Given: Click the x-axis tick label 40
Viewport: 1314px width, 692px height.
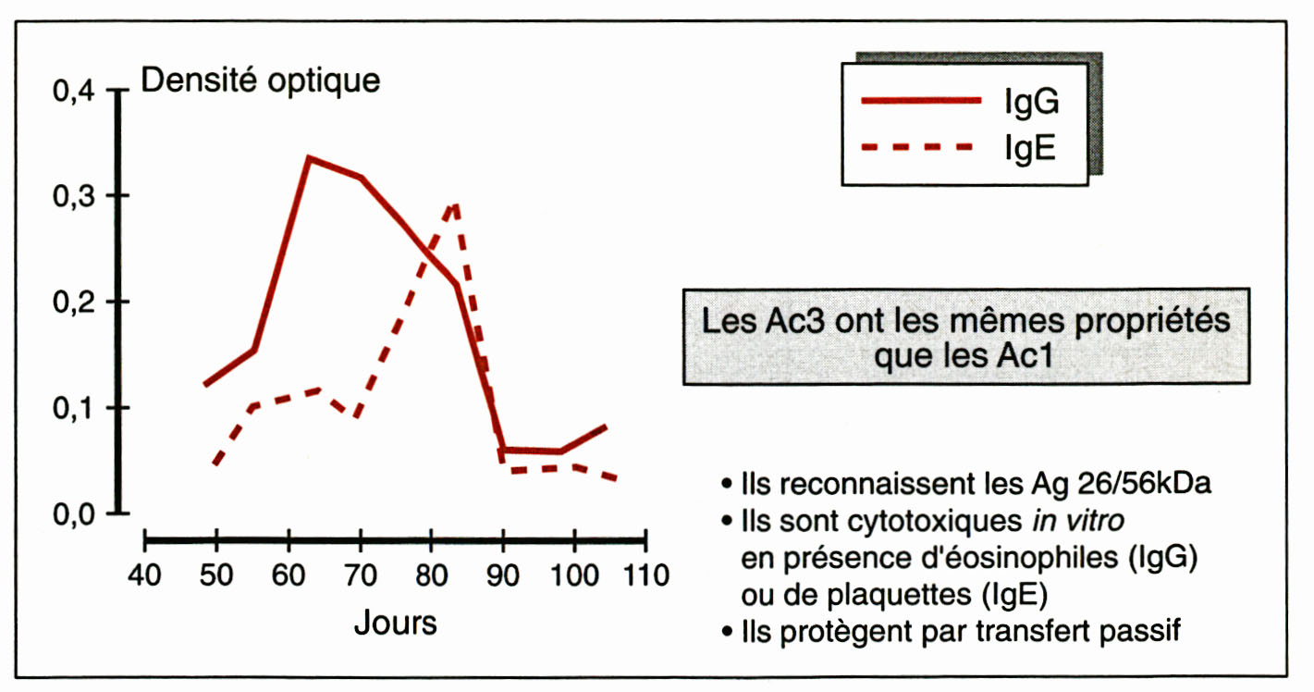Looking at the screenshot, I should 146,575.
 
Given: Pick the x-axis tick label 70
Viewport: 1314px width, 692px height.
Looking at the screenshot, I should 360,575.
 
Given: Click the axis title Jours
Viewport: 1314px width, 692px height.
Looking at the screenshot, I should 395,623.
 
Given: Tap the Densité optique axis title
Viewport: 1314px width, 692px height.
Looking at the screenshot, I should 260,80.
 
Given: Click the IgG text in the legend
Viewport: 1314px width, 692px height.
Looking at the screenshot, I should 1031,103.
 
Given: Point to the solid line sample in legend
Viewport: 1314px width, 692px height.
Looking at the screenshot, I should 920,100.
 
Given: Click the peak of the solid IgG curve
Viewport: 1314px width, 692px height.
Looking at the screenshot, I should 309,158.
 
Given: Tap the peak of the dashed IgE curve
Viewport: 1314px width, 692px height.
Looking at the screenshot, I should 454,204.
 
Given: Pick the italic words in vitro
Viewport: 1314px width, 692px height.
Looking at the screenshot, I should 1078,521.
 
